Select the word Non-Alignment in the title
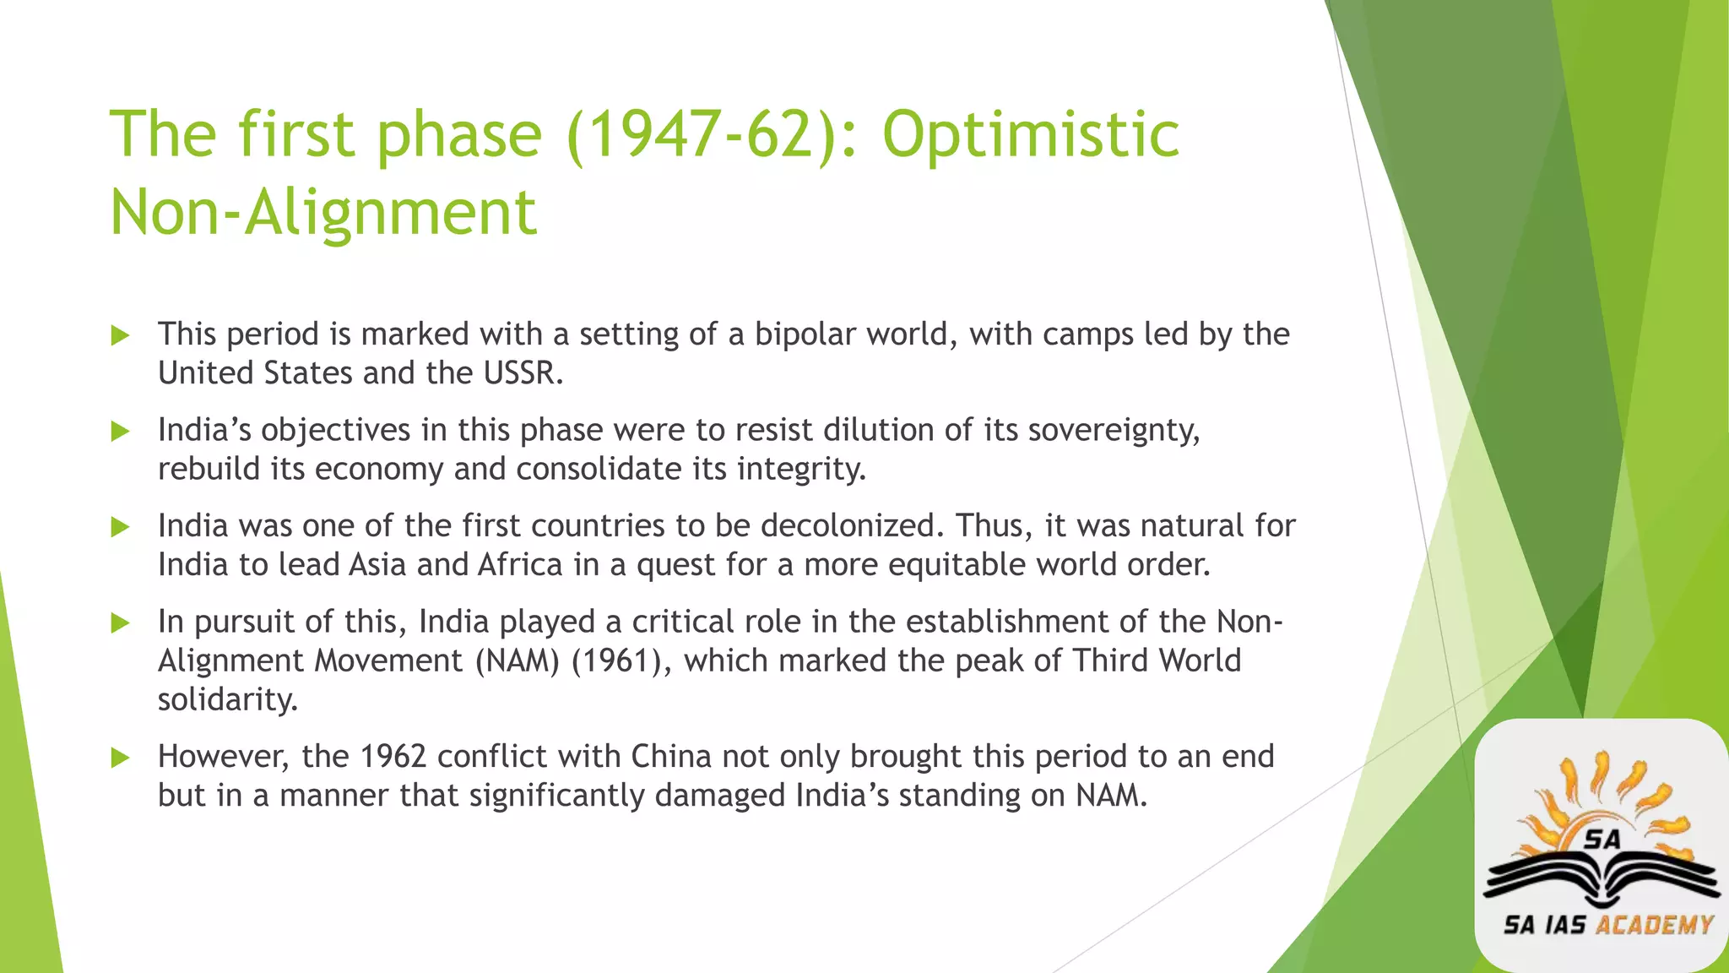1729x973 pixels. tap(323, 213)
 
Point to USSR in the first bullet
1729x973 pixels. tap(523, 373)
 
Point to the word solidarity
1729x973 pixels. tap(228, 699)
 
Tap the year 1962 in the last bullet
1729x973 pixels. tap(393, 757)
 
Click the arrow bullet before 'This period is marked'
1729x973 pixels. tap(121, 336)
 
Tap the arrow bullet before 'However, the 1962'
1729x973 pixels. tap(121, 758)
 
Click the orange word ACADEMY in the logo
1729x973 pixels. tap(1654, 926)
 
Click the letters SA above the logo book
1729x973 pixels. tap(1602, 840)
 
